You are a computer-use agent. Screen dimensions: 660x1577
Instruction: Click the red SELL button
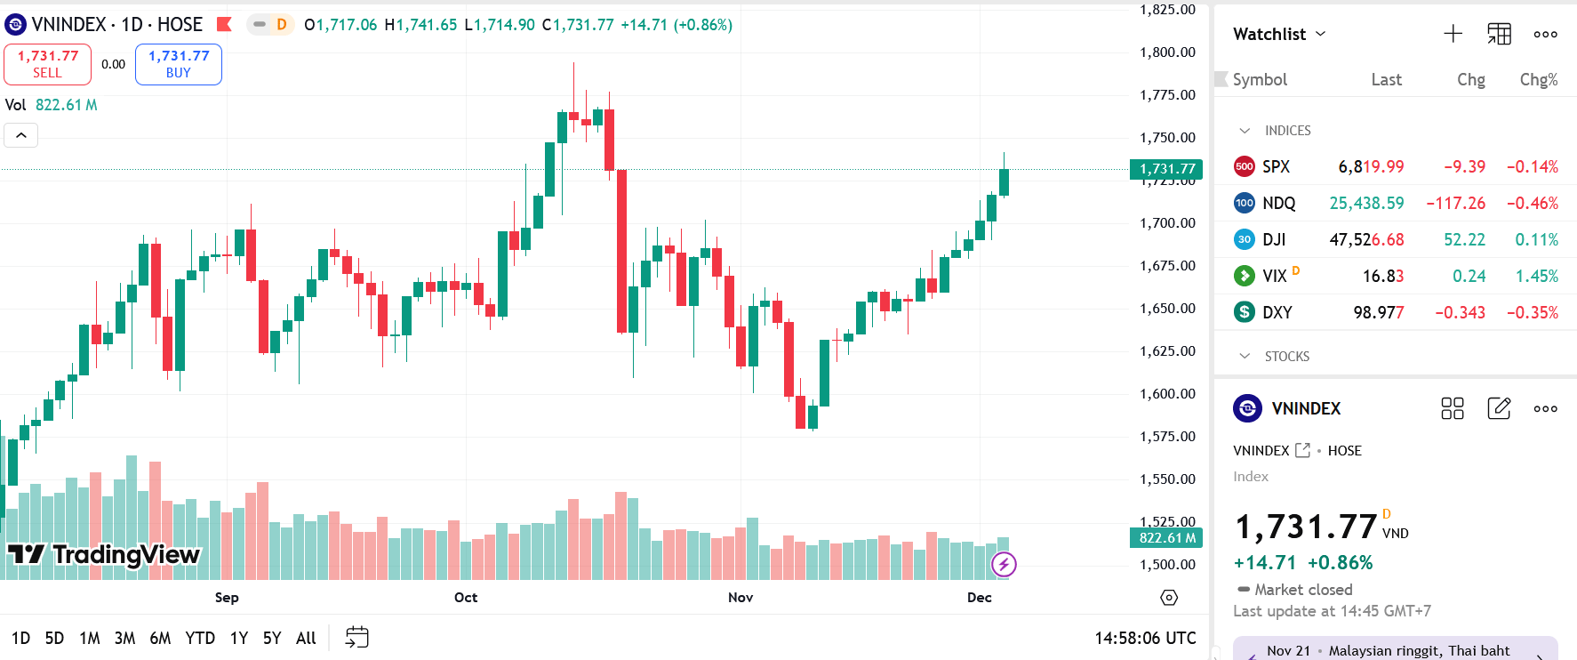pyautogui.click(x=48, y=64)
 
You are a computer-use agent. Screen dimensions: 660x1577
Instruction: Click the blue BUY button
pyautogui.click(x=179, y=64)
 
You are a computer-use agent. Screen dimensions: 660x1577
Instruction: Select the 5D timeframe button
pyautogui.click(x=54, y=638)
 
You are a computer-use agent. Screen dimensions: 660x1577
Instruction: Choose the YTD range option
pyautogui.click(x=200, y=638)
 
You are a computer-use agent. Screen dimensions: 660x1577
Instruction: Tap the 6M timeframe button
pyautogui.click(x=160, y=638)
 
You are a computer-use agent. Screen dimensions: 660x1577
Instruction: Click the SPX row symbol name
pyautogui.click(x=1276, y=166)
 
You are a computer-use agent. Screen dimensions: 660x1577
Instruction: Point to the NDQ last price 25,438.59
pyautogui.click(x=1366, y=203)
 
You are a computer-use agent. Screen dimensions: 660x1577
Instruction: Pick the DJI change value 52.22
pyautogui.click(x=1464, y=239)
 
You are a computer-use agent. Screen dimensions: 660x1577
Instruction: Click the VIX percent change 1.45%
pyautogui.click(x=1536, y=276)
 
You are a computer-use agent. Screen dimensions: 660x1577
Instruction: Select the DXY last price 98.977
pyautogui.click(x=1379, y=312)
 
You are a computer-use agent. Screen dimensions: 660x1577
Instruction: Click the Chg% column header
pyautogui.click(x=1538, y=79)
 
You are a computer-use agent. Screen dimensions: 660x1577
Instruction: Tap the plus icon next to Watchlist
pyautogui.click(x=1453, y=34)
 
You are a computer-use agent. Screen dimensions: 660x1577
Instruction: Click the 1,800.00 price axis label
pyautogui.click(x=1167, y=52)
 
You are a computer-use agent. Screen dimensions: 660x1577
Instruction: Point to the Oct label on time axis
pyautogui.click(x=466, y=597)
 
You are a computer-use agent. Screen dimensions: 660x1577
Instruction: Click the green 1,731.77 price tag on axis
pyautogui.click(x=1166, y=169)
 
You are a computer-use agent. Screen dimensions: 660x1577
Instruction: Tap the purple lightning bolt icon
pyautogui.click(x=1004, y=564)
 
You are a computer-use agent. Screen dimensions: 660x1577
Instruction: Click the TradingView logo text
pyautogui.click(x=125, y=554)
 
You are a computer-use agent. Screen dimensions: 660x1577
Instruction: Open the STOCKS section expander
pyautogui.click(x=1245, y=356)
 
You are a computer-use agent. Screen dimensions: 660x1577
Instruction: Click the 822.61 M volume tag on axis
pyautogui.click(x=1166, y=537)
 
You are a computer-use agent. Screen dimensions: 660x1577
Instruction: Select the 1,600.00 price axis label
pyautogui.click(x=1167, y=393)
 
